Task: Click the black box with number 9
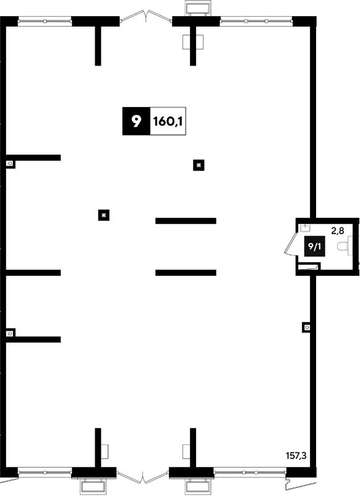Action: tap(136, 121)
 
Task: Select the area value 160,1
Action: tap(168, 121)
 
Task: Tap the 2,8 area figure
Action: tap(337, 231)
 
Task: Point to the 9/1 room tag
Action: tap(314, 246)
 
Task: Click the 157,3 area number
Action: tap(296, 456)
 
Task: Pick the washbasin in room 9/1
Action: tap(305, 227)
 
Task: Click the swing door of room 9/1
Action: tap(290, 244)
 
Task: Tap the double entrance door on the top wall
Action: tap(146, 16)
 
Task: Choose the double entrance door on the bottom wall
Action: tap(143, 476)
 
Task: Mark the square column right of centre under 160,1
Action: tap(199, 165)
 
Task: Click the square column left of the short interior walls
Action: tap(104, 215)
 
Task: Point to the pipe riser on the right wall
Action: tap(307, 327)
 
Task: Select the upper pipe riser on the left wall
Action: tap(10, 164)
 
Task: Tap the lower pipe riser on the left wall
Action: tap(11, 333)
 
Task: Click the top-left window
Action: tap(45, 21)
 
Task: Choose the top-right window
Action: tap(256, 21)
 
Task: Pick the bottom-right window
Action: tap(251, 472)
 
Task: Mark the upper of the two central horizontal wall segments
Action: tap(186, 221)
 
